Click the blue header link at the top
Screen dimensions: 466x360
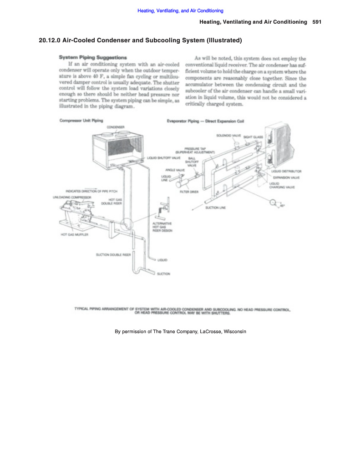coord(180,11)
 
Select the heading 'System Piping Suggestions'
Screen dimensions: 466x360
coord(93,57)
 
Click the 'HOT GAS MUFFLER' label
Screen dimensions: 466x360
coord(74,235)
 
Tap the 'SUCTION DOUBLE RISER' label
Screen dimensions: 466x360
coord(113,255)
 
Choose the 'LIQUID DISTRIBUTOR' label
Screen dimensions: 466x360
coord(287,171)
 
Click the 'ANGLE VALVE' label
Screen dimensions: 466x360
coord(175,169)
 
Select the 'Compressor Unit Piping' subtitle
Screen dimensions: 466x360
coord(81,120)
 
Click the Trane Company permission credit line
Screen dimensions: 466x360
coord(180,331)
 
